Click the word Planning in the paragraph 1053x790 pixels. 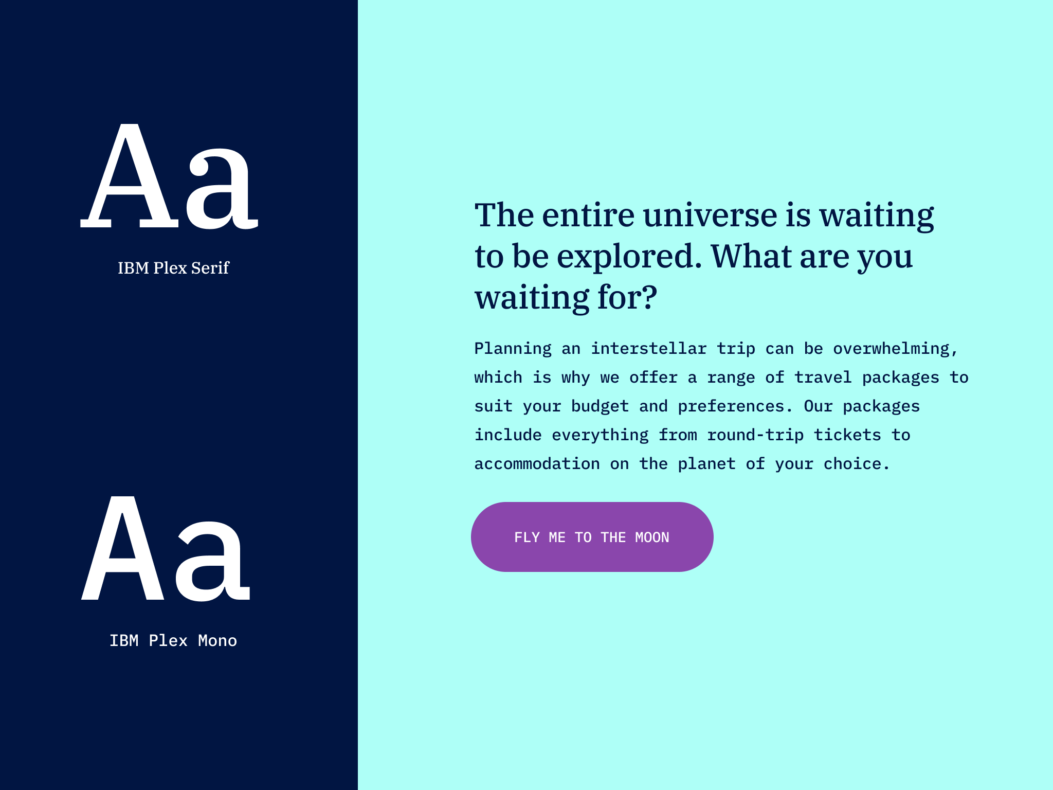[513, 349]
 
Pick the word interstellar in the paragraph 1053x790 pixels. [648, 349]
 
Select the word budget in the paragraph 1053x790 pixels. [600, 406]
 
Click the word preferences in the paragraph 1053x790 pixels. [731, 407]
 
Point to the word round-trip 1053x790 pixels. [755, 435]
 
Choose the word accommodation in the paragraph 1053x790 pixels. [537, 464]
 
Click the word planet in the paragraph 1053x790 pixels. [706, 464]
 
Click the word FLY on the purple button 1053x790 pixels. [527, 537]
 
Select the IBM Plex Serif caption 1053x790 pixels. [173, 268]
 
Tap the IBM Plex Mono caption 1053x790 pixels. [173, 641]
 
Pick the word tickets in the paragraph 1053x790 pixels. [847, 435]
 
